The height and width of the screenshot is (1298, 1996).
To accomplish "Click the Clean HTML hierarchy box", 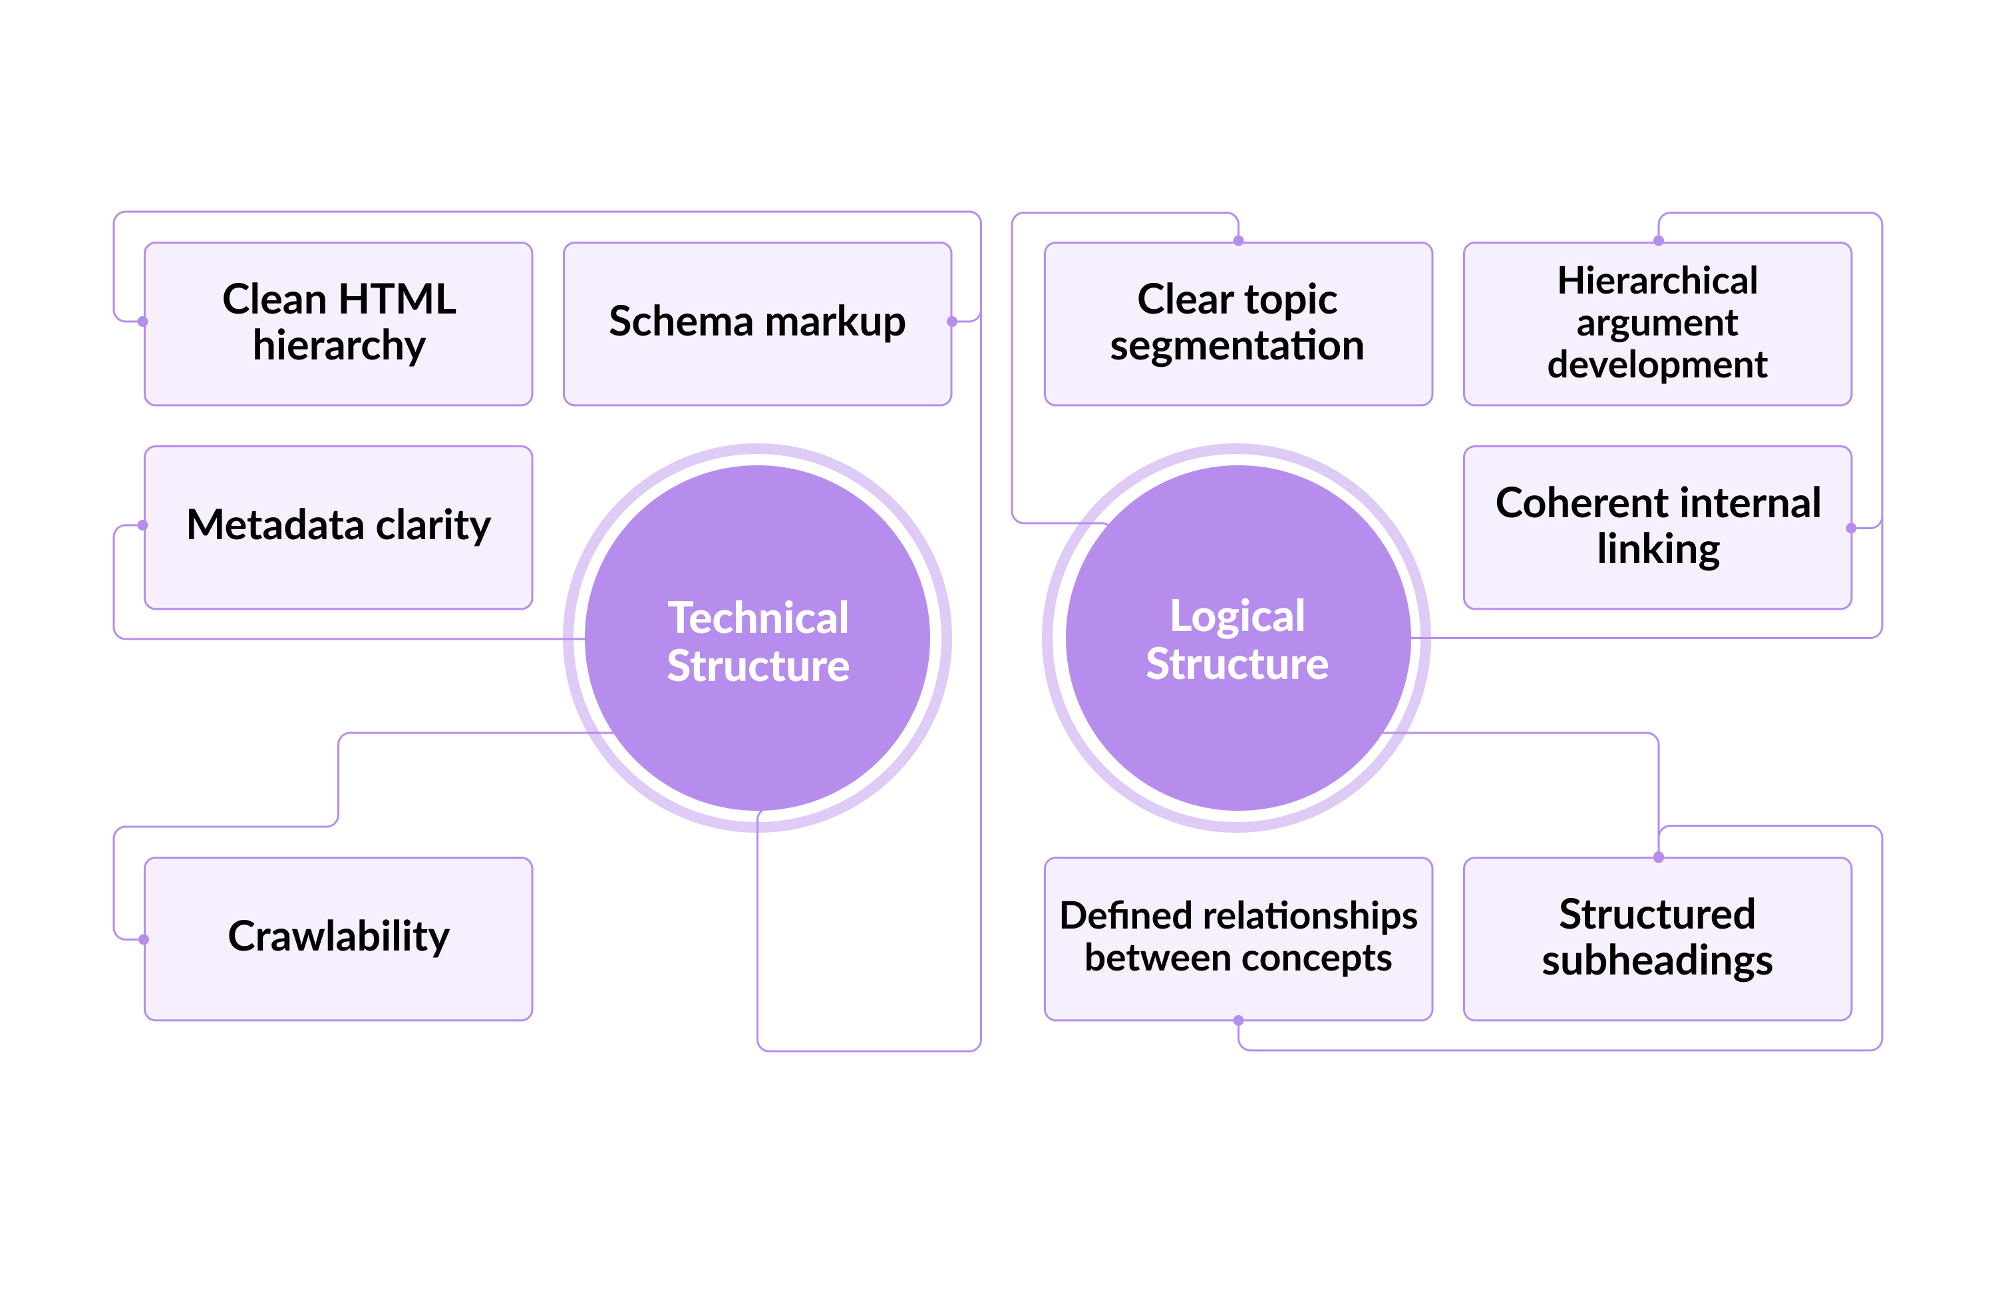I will pyautogui.click(x=338, y=324).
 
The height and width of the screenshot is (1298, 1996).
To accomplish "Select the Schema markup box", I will pyautogui.click(x=756, y=324).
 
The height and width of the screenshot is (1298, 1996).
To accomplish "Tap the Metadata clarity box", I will pyautogui.click(x=338, y=527).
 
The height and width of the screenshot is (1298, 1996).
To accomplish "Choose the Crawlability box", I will pyautogui.click(x=338, y=938).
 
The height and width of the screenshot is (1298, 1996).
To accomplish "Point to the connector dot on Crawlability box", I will pyautogui.click(x=144, y=939).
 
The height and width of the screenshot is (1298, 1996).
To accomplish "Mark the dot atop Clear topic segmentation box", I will pyautogui.click(x=1238, y=241).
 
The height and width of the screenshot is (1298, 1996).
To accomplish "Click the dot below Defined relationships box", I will pyautogui.click(x=1238, y=1020).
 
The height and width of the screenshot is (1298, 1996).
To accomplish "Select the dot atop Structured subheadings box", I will pyautogui.click(x=1658, y=857).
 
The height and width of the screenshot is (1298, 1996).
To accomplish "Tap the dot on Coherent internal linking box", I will pyautogui.click(x=1851, y=528).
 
